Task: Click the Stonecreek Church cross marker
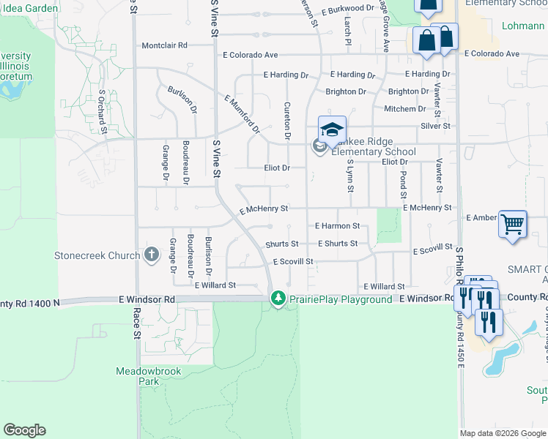coord(151,255)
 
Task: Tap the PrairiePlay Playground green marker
coord(278,299)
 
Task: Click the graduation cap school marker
coord(332,130)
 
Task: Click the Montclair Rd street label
coord(165,45)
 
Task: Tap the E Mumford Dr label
coord(242,114)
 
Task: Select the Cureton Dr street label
coord(287,121)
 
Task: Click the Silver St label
coord(435,126)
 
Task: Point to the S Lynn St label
coord(350,176)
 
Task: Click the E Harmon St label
coord(337,226)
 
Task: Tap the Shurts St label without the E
coord(282,244)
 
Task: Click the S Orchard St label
coord(103,111)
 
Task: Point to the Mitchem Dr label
coord(405,109)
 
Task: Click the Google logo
coord(24,430)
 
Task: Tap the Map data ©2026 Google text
coord(502,433)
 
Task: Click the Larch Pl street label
coord(348,31)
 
